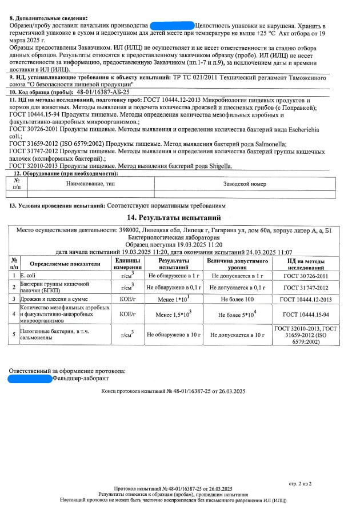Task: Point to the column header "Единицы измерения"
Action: coord(123,264)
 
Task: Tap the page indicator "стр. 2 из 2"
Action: coord(300,483)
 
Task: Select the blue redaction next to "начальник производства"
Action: coord(171,26)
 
